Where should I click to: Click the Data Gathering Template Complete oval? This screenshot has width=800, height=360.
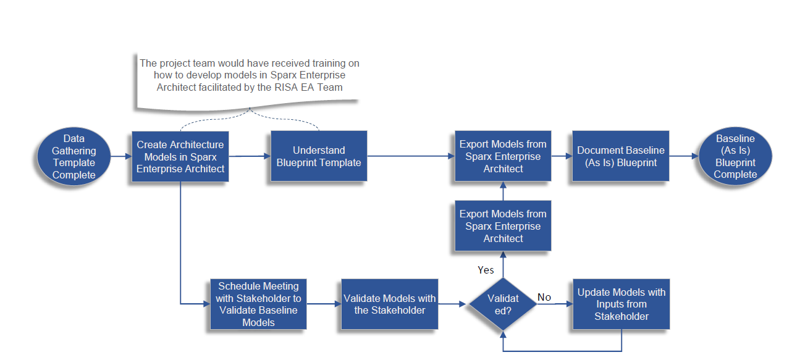[x=74, y=156]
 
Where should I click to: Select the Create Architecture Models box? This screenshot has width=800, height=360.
[x=180, y=156]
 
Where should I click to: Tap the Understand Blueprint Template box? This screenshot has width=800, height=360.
[x=319, y=156]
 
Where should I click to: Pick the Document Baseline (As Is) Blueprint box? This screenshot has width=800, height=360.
[x=620, y=156]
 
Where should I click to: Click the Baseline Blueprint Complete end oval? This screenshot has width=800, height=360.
[x=735, y=156]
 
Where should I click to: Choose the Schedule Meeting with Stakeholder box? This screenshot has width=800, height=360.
[x=258, y=304]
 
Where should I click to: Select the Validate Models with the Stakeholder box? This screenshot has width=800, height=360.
[x=389, y=304]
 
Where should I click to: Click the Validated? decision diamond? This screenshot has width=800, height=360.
[x=503, y=304]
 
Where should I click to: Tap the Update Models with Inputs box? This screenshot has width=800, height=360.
[x=621, y=304]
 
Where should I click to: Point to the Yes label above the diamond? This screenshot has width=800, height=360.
[x=486, y=270]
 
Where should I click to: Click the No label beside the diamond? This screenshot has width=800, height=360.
[x=544, y=297]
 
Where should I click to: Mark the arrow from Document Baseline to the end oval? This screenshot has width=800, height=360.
[x=683, y=156]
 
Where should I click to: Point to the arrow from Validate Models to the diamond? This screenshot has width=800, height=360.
[x=452, y=304]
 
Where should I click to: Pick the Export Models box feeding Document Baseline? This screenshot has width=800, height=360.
[x=503, y=156]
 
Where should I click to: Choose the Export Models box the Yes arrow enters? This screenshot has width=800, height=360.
[x=503, y=226]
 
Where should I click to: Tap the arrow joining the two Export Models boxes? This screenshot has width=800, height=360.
[x=503, y=191]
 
